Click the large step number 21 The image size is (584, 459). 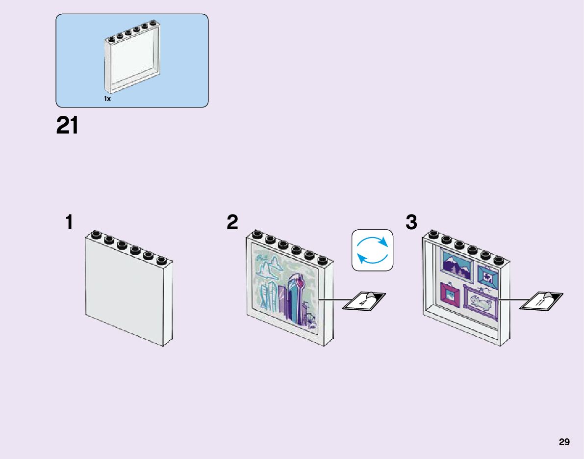click(67, 126)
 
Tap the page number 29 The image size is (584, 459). click(564, 442)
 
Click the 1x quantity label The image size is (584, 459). click(107, 99)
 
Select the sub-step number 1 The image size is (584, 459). click(70, 222)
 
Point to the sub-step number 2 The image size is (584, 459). click(232, 222)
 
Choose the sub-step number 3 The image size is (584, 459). click(411, 222)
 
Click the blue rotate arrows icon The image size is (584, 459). click(373, 250)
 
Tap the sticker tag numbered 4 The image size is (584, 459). click(363, 301)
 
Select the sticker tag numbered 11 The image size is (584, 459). click(541, 301)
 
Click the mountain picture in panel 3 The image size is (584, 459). click(457, 266)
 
